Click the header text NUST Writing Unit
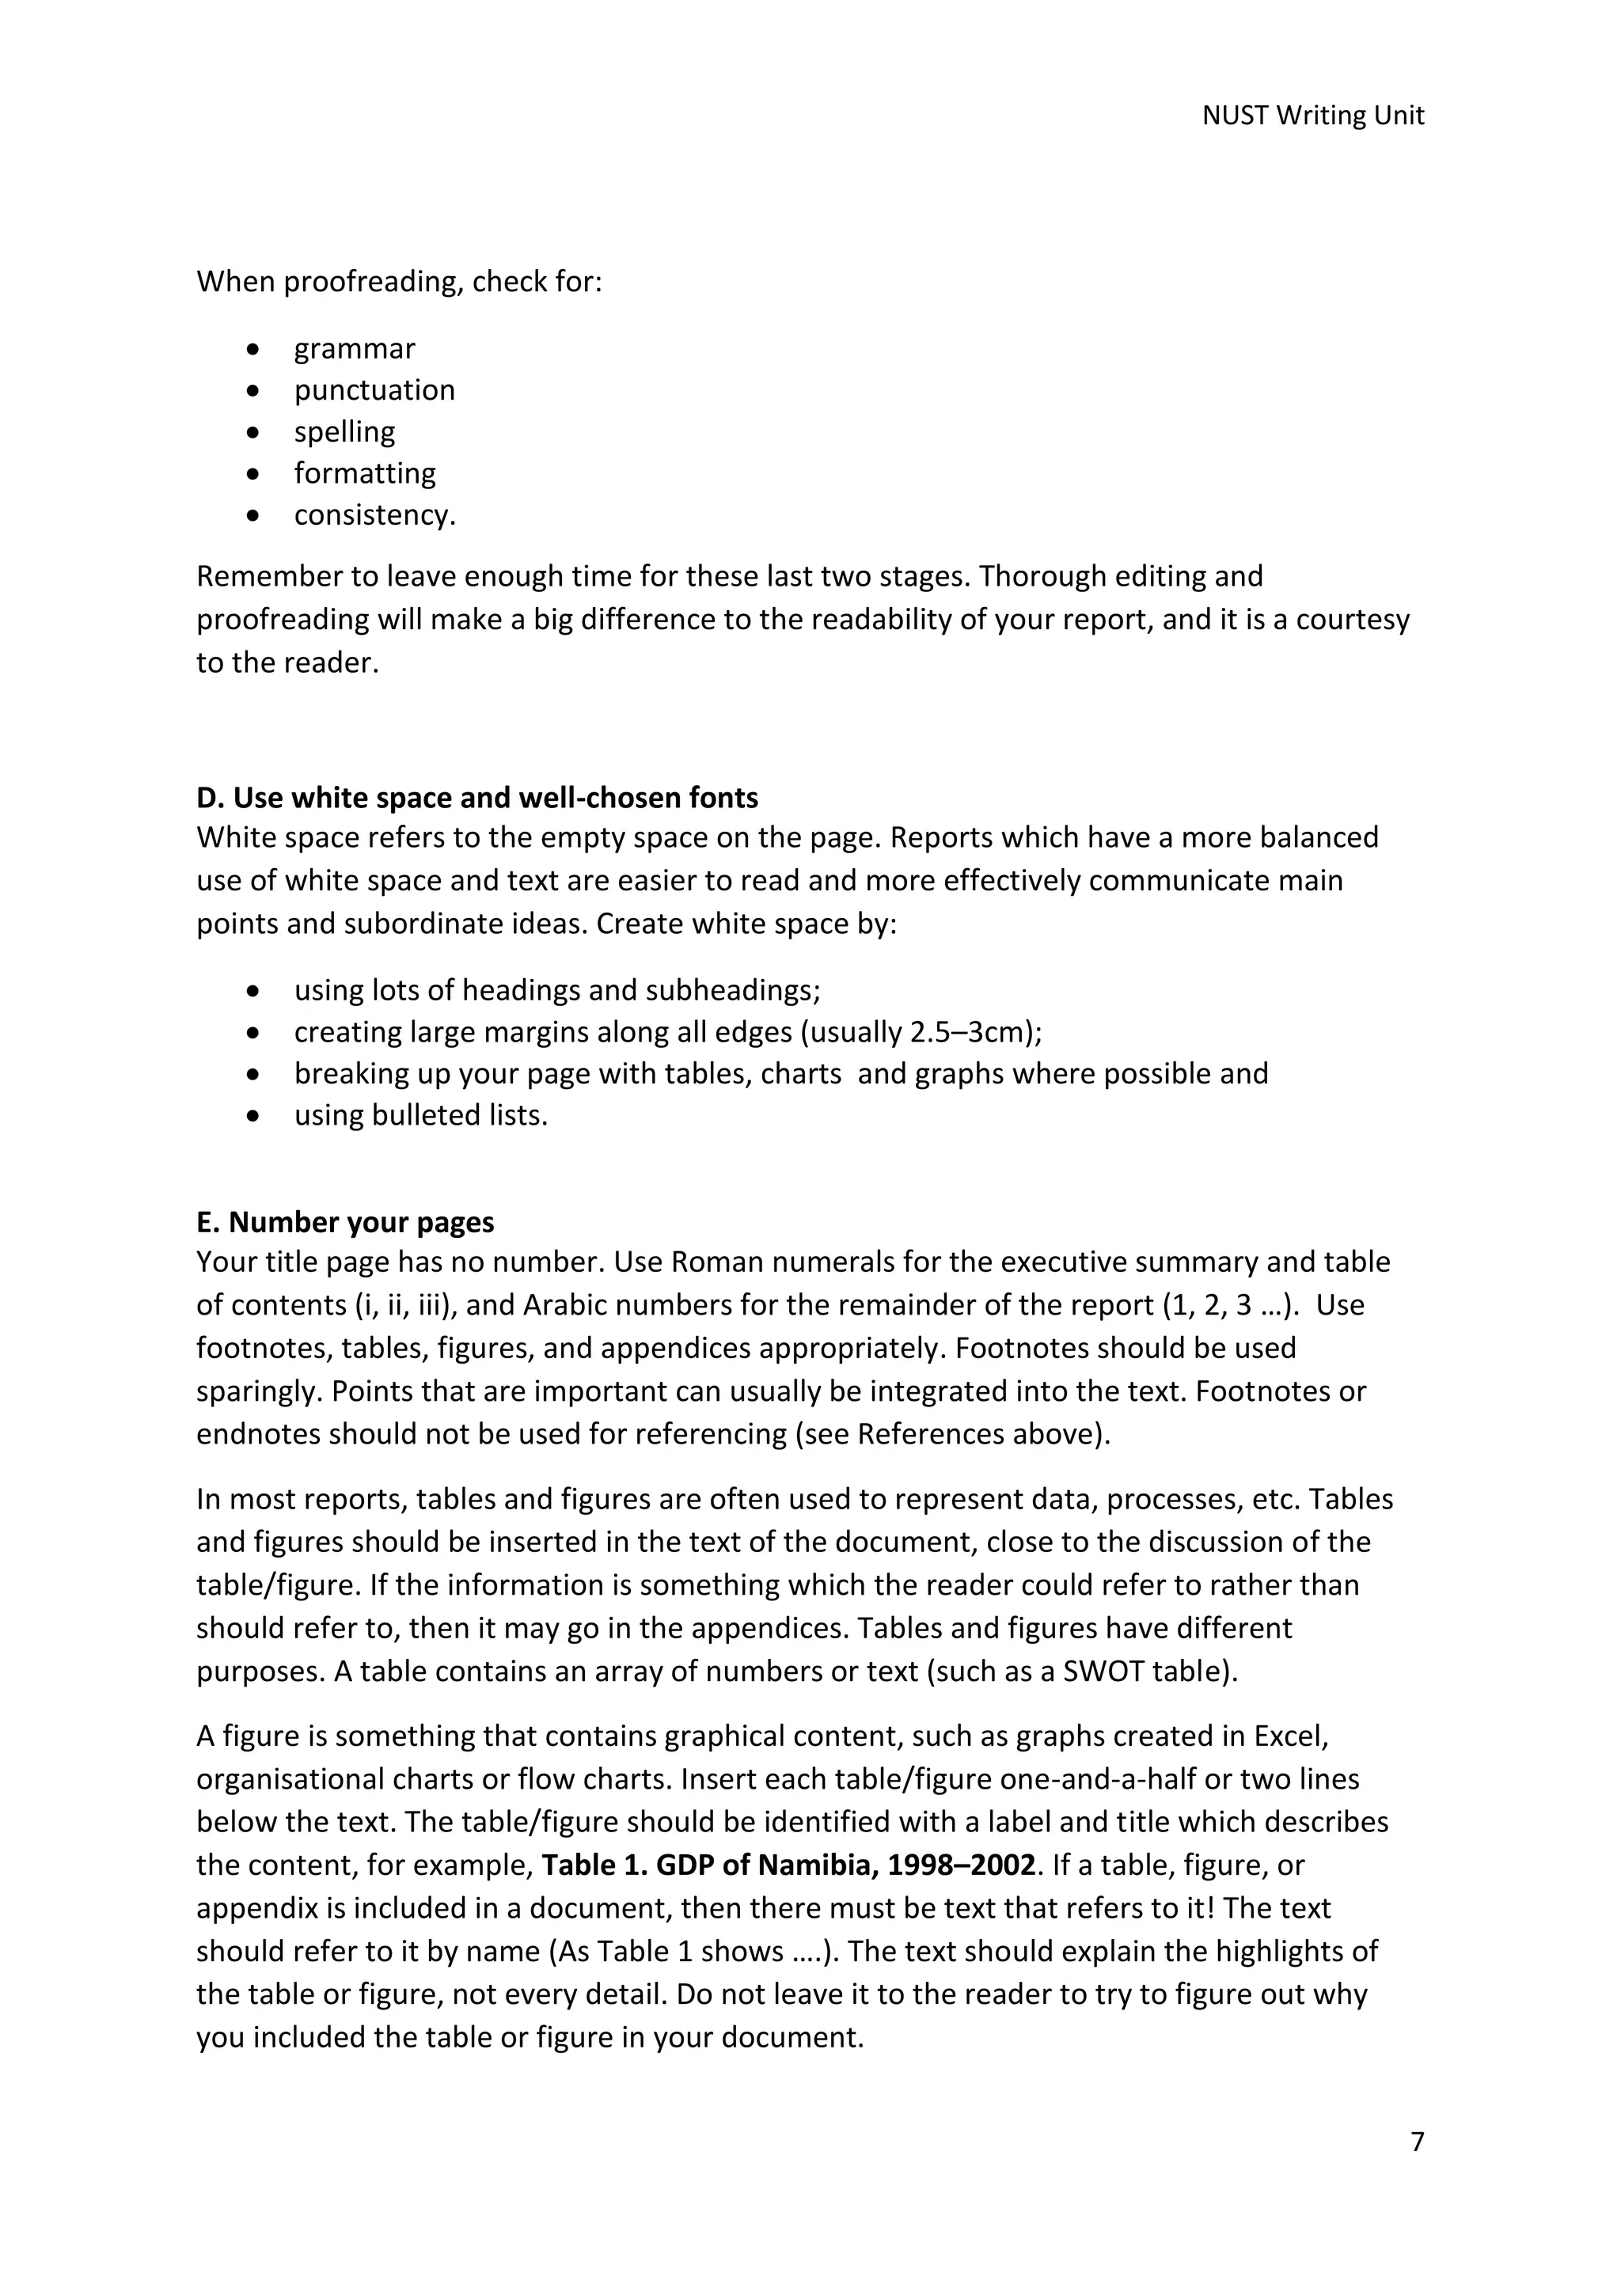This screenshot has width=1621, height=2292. click(1312, 116)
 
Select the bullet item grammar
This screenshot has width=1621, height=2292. click(355, 349)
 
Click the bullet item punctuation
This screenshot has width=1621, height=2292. click(374, 390)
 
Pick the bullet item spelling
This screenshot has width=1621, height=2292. click(344, 432)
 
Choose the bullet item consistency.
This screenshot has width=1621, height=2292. click(374, 515)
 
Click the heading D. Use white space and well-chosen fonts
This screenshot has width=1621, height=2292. click(477, 798)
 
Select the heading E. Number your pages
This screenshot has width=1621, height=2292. click(345, 1222)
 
